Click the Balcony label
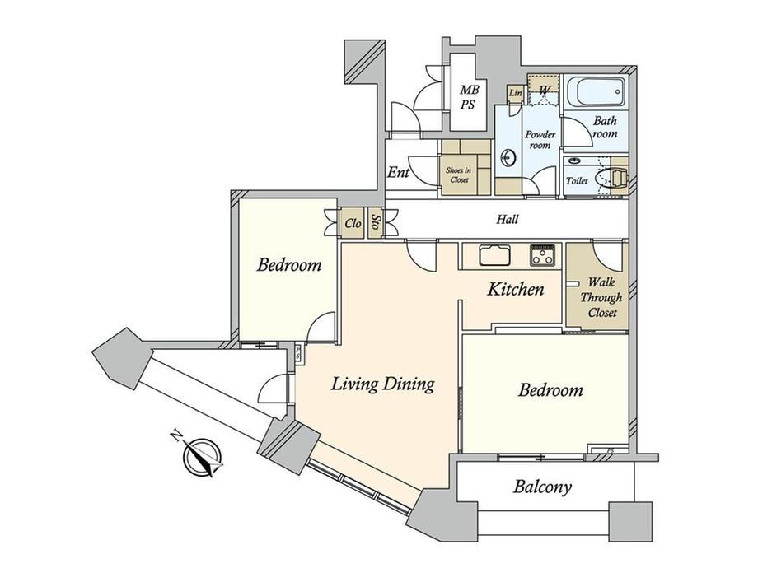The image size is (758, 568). coord(542,487)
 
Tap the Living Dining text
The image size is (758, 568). coord(382,384)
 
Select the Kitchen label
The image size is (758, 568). coord(515,289)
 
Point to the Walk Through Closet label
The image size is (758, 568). coord(601,297)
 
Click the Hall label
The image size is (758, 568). coord(507,220)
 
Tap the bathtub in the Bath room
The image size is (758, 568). coord(595,92)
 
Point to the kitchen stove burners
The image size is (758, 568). coord(542,255)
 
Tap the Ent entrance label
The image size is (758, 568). coord(399,174)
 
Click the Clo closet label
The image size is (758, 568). coord(353,222)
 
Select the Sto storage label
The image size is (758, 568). coord(376,222)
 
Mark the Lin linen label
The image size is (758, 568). coord(517,93)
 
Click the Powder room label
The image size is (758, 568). coord(539,140)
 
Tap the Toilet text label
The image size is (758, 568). coord(577,180)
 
